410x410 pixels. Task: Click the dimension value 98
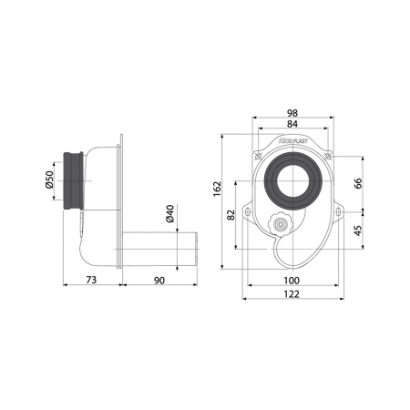292,113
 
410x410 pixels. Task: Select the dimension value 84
292,124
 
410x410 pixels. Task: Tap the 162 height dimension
217,189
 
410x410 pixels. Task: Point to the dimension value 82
231,215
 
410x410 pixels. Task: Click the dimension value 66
358,183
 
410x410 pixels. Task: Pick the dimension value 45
358,231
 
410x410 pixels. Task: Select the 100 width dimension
292,281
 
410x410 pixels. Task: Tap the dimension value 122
292,294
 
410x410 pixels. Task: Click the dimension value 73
91,280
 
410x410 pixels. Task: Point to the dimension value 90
159,281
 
